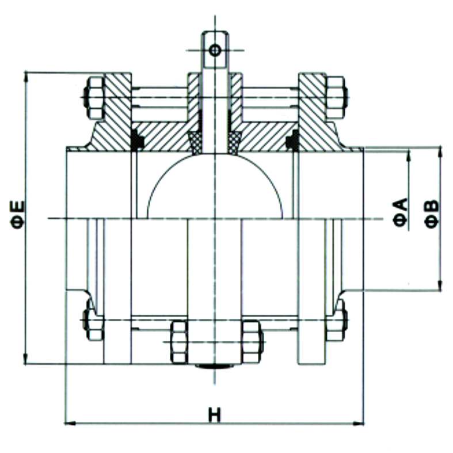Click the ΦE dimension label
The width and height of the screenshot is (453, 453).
(x=18, y=215)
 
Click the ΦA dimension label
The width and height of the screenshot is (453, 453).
(x=400, y=212)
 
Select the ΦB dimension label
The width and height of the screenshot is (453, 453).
(x=432, y=214)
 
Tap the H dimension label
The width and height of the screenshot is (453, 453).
(x=214, y=414)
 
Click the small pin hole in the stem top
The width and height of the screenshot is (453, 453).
(x=215, y=51)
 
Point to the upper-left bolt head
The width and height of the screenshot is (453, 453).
(x=94, y=98)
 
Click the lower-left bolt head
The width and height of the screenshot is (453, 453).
(x=93, y=320)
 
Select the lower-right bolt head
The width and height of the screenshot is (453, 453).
(x=337, y=320)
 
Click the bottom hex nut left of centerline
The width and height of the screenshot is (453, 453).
(x=179, y=342)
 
